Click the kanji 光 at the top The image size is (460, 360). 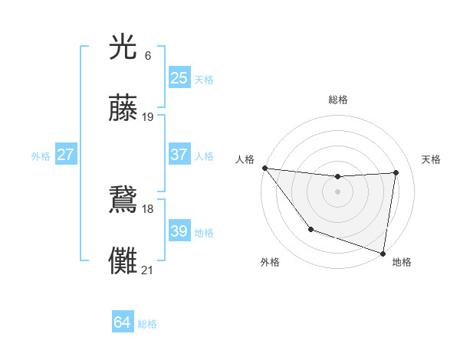point(123,47)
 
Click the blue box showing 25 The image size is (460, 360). point(179,78)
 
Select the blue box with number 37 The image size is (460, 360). point(179,155)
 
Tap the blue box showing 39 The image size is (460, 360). point(179,231)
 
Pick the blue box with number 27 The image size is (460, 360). point(65,155)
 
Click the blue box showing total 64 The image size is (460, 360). point(122,322)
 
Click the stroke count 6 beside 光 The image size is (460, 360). point(147,55)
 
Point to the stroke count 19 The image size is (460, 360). point(148,116)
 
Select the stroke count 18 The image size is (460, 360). point(148,208)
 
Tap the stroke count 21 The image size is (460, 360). point(148,269)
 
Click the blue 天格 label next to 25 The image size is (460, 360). point(204,80)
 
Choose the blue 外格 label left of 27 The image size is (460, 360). point(41,156)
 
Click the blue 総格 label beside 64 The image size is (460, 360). point(147,324)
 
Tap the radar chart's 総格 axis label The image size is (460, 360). point(337,100)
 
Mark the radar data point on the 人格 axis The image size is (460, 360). point(264,168)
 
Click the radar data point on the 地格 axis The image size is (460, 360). point(383,253)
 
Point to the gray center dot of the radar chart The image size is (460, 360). point(337,191)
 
